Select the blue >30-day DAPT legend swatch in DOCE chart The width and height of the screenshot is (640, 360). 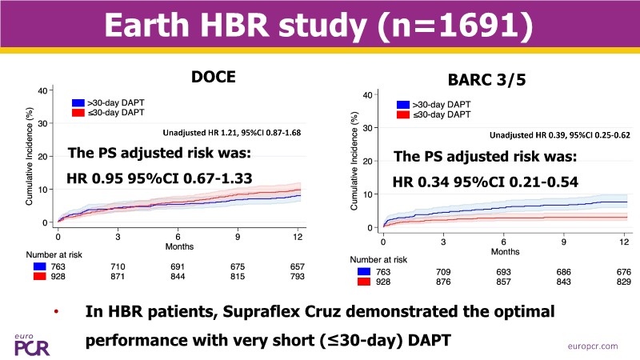pos(78,103)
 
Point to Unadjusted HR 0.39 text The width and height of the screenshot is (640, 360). pos(558,135)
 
